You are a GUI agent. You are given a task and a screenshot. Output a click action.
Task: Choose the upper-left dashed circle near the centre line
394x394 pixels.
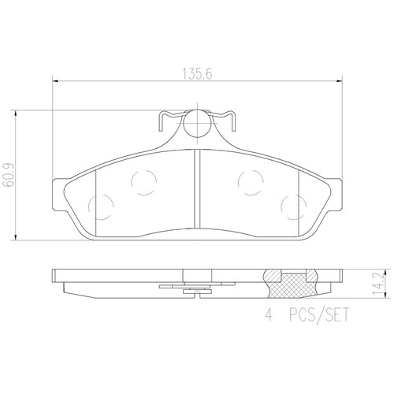click(143, 184)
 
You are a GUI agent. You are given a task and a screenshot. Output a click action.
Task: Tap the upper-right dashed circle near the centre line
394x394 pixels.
click(249, 183)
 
